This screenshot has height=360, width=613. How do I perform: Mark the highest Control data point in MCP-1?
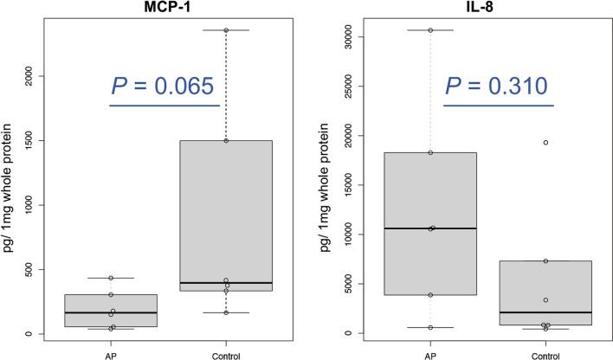227,30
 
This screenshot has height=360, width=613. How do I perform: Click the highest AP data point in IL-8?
430,30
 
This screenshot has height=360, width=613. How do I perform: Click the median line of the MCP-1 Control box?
226,283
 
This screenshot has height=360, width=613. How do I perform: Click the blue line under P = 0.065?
165,106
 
